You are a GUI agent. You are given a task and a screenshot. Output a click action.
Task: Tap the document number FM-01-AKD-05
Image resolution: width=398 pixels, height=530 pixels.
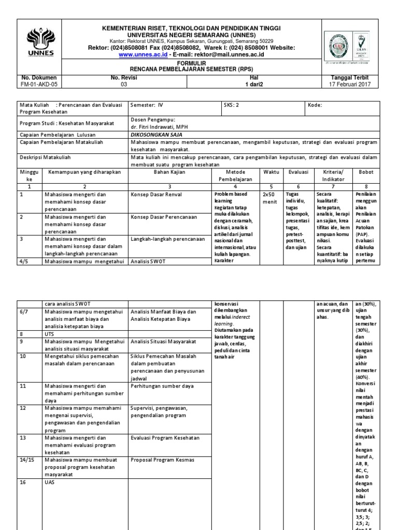[39, 84]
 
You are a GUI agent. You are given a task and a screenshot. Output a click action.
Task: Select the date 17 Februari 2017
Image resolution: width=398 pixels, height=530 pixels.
[350, 84]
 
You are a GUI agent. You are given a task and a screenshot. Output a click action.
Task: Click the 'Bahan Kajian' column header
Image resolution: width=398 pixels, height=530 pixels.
[169, 171]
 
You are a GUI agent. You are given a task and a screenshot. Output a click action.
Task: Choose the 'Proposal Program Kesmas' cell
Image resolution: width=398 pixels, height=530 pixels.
[162, 460]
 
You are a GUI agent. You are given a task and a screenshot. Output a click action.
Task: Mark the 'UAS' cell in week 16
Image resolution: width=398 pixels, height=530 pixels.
[49, 482]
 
